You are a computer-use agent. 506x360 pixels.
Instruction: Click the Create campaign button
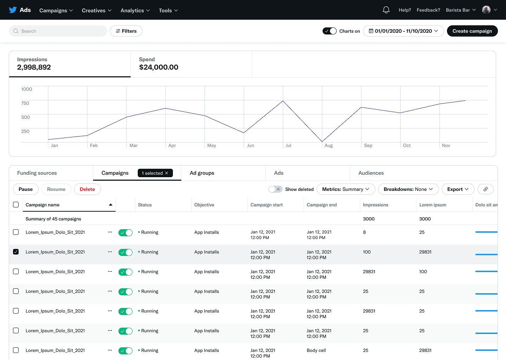coord(472,31)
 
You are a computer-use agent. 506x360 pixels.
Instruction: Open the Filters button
coord(126,31)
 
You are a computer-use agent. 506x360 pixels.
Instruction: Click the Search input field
coord(58,31)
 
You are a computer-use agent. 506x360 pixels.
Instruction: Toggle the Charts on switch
coord(330,31)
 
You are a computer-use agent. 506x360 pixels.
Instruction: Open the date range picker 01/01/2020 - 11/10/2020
coord(403,31)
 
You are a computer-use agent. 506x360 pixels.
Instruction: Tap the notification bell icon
coord(386,10)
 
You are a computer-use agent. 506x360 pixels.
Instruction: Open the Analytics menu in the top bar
coord(135,10)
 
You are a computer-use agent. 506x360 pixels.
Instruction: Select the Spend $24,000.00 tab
coord(191,64)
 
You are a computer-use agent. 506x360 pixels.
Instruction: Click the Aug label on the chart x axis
coord(329,145)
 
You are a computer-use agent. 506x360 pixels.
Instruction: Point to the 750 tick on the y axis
coord(25,103)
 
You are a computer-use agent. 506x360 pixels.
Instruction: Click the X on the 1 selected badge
coord(167,173)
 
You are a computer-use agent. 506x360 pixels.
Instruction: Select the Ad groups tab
coord(202,173)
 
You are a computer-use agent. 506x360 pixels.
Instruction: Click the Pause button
coord(26,189)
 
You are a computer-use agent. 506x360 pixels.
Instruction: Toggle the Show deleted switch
coord(275,189)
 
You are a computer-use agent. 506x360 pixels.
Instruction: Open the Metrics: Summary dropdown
coord(346,189)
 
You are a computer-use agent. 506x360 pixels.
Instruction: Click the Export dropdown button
coord(458,189)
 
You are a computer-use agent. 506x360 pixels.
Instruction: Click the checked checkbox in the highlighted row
coord(16,252)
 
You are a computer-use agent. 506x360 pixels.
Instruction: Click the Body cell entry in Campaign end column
coord(316,350)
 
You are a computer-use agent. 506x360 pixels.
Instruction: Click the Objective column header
coord(204,205)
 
